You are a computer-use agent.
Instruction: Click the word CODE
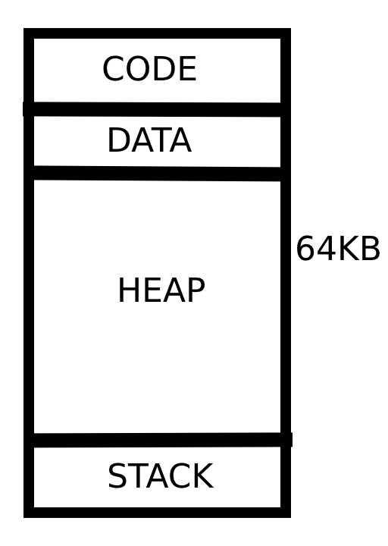point(149,68)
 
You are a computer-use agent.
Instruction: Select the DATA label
point(149,140)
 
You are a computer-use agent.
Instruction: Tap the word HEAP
point(161,290)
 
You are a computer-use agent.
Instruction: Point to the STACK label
point(161,476)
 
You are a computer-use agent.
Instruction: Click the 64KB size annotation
point(338,248)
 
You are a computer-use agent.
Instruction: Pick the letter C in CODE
point(114,68)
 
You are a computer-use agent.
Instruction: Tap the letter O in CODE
point(138,68)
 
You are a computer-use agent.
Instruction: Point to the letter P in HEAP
point(196,290)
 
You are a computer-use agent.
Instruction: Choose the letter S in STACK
point(117,476)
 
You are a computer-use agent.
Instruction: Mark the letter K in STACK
point(202,476)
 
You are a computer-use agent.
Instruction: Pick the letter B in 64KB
point(371,248)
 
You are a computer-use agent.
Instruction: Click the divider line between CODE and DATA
point(157,109)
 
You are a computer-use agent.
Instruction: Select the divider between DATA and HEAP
point(157,174)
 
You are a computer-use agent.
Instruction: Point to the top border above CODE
point(157,33)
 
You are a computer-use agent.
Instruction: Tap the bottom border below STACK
point(157,513)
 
